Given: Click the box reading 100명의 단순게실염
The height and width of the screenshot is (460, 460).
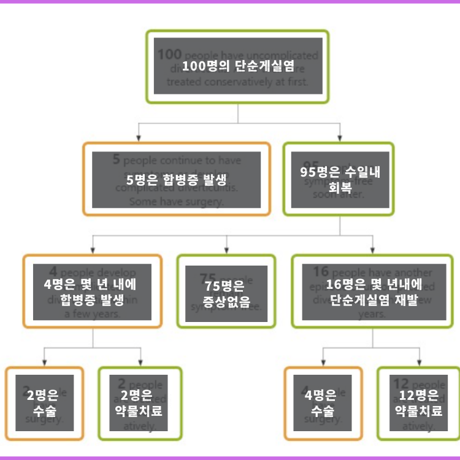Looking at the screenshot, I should [237, 66].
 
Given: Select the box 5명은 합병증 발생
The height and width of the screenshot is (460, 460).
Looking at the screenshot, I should [176, 179].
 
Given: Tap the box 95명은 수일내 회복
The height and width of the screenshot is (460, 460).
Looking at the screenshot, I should [339, 179].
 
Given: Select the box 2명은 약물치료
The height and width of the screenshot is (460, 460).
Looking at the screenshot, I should [140, 403].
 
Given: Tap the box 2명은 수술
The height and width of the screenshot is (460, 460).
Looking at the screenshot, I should [45, 403].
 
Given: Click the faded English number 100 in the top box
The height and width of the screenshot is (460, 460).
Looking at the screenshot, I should [169, 54].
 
